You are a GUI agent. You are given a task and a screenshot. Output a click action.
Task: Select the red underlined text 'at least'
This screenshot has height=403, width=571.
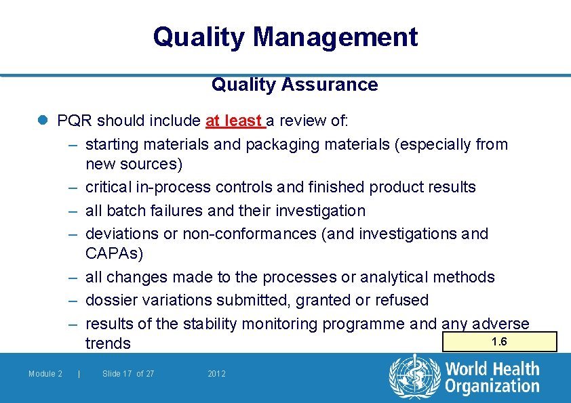233,121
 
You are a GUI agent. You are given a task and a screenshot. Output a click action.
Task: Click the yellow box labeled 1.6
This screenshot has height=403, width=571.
499,341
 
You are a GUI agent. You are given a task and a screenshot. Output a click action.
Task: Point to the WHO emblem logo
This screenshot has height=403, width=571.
414,376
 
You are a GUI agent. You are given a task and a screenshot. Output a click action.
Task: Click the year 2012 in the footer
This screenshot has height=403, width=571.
217,374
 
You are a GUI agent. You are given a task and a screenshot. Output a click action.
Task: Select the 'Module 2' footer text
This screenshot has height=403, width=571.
45,374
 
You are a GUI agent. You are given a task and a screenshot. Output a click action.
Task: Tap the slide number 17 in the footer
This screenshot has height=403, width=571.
127,374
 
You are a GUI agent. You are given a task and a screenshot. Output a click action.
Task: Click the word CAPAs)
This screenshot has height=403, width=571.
114,253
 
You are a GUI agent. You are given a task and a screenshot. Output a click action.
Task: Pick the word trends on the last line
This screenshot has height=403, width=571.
108,343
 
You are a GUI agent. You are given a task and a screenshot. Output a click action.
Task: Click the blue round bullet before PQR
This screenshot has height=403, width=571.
43,121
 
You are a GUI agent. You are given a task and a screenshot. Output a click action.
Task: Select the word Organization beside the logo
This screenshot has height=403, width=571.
492,386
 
